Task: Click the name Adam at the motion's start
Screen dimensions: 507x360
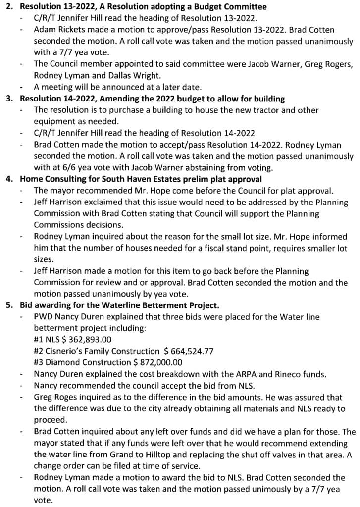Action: click(44, 30)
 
